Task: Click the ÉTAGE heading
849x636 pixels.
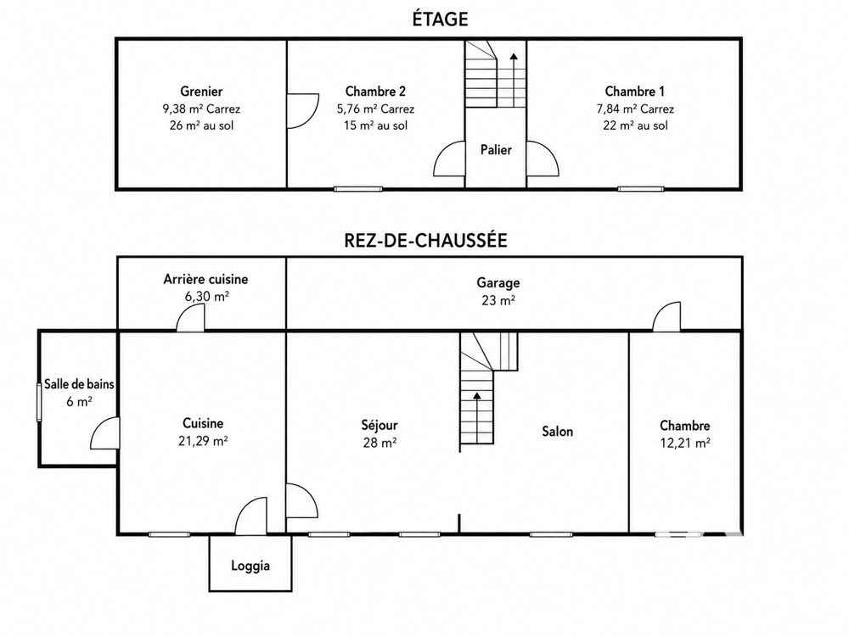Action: [x=440, y=20]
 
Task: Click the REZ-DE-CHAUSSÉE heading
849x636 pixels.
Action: [x=425, y=240]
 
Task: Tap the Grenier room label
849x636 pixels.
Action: [x=201, y=92]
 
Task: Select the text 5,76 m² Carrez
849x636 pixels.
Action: [x=376, y=109]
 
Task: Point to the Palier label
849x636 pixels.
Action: [x=496, y=150]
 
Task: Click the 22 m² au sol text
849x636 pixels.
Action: [x=636, y=126]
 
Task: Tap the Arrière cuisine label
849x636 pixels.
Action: [x=205, y=279]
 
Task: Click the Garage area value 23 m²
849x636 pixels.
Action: [x=498, y=299]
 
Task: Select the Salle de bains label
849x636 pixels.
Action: [x=79, y=384]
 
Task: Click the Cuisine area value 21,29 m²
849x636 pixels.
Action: [x=203, y=441]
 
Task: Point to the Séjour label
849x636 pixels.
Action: [x=380, y=426]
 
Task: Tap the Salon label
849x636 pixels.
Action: [x=558, y=431]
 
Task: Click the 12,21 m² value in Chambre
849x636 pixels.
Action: [x=685, y=443]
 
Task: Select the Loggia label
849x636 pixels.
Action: [x=250, y=566]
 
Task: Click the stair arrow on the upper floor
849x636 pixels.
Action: [x=513, y=80]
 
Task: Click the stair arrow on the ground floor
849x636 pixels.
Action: [x=477, y=417]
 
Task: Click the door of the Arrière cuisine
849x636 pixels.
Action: [x=190, y=317]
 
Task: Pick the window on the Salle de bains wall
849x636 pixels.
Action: [x=39, y=402]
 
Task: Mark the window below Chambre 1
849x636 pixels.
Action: [x=641, y=189]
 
